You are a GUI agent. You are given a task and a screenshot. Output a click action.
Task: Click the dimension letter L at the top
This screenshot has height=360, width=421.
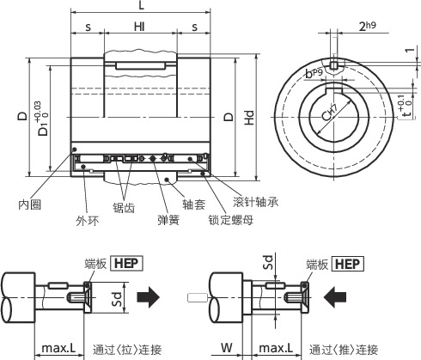click(x=140, y=6)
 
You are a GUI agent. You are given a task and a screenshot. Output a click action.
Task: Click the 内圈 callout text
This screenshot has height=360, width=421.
click(x=30, y=204)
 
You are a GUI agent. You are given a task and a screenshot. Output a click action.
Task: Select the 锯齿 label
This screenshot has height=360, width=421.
click(x=124, y=207)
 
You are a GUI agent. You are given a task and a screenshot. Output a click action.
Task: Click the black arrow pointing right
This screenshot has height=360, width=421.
click(x=149, y=297)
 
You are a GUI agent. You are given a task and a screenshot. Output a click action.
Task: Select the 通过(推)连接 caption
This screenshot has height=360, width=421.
click(x=344, y=350)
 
